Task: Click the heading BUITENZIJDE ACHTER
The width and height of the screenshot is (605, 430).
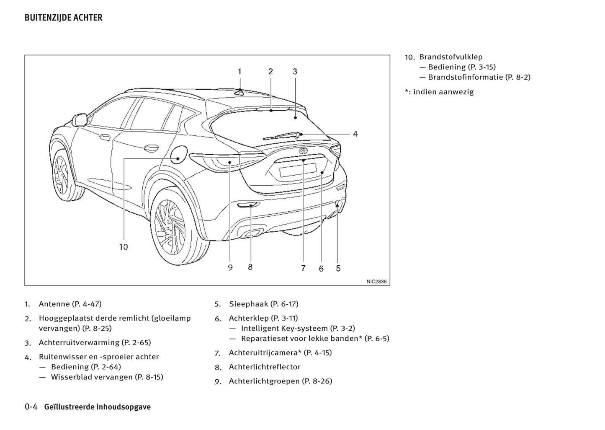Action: click(x=63, y=18)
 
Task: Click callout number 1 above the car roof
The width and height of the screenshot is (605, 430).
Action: click(x=239, y=72)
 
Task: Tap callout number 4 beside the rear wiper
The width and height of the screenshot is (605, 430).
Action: click(x=355, y=134)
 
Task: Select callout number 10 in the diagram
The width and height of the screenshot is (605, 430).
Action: click(x=124, y=247)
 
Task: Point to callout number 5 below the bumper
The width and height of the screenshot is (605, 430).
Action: click(x=338, y=269)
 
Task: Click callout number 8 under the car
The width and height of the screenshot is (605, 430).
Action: click(x=250, y=267)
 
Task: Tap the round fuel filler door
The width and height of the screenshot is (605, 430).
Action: click(x=178, y=154)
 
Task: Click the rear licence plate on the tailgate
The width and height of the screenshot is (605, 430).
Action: click(x=298, y=169)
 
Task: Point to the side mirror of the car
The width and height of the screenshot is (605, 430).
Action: click(x=79, y=120)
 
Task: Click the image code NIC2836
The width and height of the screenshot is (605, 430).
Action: click(x=376, y=282)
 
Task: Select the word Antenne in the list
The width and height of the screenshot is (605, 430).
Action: click(x=54, y=304)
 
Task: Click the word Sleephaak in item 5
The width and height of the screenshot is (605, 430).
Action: click(x=248, y=304)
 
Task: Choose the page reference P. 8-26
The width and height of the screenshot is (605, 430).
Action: click(x=317, y=381)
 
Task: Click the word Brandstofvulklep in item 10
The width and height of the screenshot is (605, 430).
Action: click(x=451, y=57)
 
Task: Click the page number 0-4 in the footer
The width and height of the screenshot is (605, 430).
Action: click(x=31, y=407)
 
